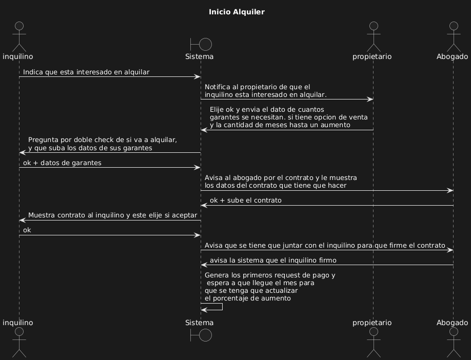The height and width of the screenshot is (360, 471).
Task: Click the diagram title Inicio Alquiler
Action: [x=237, y=12]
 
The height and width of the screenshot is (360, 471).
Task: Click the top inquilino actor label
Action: [x=18, y=56]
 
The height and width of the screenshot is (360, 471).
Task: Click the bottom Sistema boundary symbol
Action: [x=201, y=335]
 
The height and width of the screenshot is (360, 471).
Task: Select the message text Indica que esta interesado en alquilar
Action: [x=86, y=72]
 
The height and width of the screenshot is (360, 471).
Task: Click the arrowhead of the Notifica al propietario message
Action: [x=370, y=99]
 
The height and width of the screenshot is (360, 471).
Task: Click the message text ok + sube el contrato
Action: [x=245, y=200]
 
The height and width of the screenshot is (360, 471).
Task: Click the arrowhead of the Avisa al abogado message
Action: [x=450, y=191]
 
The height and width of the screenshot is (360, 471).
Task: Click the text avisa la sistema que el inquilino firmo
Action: [x=273, y=261]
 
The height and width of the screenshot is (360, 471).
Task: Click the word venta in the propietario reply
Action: [x=357, y=117]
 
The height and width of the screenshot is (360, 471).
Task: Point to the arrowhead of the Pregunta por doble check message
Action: [x=22, y=153]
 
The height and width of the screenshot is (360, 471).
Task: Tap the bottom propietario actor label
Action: [x=372, y=323]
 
